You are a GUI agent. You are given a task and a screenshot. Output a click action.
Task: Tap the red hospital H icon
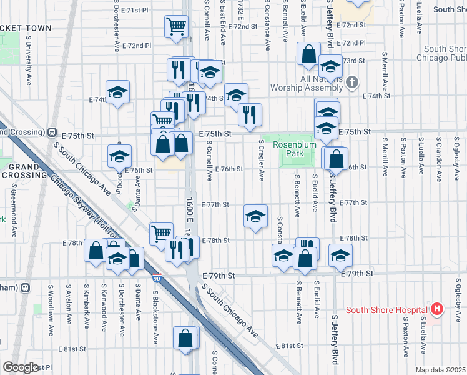coord(436,309)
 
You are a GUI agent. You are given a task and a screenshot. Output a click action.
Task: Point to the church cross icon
coord(353,82)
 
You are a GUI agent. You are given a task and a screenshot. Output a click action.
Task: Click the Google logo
coord(21,367)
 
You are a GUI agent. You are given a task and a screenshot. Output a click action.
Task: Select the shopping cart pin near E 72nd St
coord(177,26)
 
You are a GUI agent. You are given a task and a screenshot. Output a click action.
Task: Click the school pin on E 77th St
coord(255,216)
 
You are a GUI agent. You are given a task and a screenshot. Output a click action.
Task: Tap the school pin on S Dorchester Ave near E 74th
coord(117,92)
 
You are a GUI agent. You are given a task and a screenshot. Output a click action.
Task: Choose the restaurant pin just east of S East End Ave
coord(249,114)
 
